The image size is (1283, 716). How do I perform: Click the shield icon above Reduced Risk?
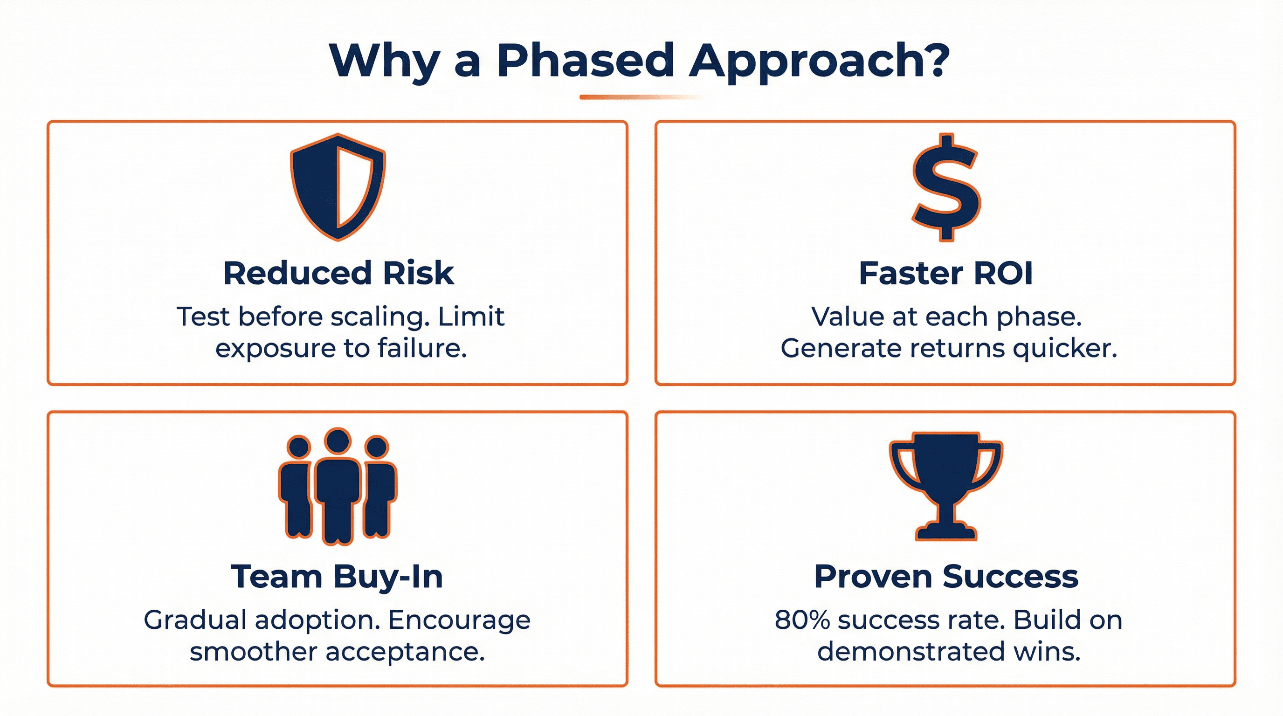[338, 187]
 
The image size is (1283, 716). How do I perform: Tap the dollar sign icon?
[946, 188]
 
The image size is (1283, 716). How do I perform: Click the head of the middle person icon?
[338, 440]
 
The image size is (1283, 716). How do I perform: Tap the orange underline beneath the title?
[641, 97]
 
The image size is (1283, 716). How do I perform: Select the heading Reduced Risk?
[338, 273]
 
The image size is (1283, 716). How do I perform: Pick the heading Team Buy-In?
[337, 577]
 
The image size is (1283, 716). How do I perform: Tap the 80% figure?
[802, 620]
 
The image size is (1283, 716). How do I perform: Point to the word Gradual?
[195, 620]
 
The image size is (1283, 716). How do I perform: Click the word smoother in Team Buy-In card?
[253, 652]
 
